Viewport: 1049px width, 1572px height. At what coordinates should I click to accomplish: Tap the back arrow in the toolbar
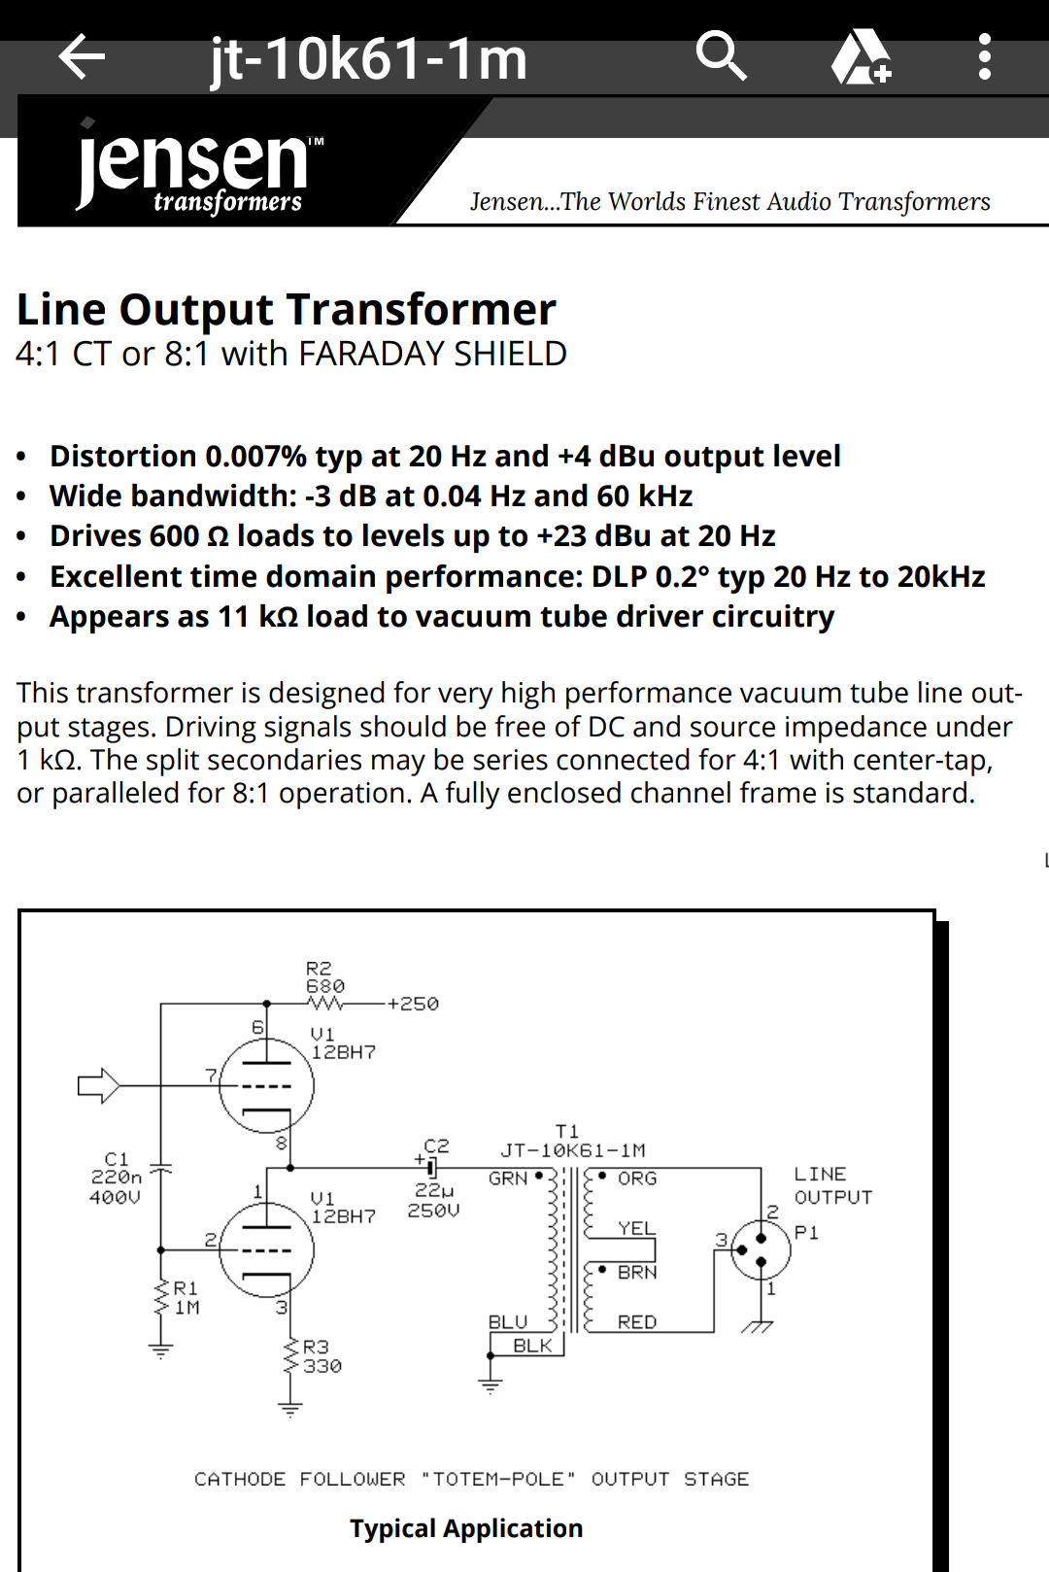pyautogui.click(x=82, y=57)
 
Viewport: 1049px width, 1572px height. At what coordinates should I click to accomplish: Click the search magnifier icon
pyautogui.click(x=722, y=56)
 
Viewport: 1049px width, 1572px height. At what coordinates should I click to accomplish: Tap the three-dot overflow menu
pyautogui.click(x=984, y=57)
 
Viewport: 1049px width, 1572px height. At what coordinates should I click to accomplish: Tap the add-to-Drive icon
pyautogui.click(x=861, y=57)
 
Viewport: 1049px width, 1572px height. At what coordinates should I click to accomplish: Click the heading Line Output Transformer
pyautogui.click(x=287, y=310)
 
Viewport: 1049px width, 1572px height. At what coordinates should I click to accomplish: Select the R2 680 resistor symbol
pyautogui.click(x=325, y=1003)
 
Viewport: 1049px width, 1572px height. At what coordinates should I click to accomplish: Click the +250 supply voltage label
pyautogui.click(x=413, y=1004)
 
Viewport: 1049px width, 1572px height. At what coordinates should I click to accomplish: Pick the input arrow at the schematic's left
pyautogui.click(x=98, y=1084)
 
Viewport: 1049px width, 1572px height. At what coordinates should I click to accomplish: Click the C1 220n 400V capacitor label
pyautogui.click(x=116, y=1178)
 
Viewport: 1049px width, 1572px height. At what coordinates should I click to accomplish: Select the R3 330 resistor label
pyautogui.click(x=321, y=1356)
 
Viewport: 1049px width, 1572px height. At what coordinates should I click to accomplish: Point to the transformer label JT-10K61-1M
pyautogui.click(x=573, y=1150)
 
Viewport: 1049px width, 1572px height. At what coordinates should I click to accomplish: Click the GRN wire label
pyautogui.click(x=507, y=1179)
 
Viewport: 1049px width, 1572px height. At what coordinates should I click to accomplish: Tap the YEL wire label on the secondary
pyautogui.click(x=636, y=1228)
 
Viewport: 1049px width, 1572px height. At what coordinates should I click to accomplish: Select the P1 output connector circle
pyautogui.click(x=761, y=1249)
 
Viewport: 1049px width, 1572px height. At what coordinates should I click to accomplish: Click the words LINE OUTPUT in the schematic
pyautogui.click(x=832, y=1185)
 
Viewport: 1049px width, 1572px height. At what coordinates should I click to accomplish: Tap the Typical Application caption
pyautogui.click(x=466, y=1528)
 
